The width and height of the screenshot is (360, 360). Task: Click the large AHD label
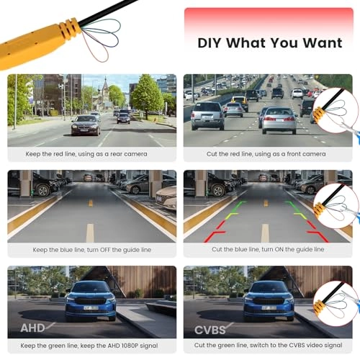(x=32, y=328)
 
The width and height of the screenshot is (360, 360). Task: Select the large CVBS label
(x=210, y=330)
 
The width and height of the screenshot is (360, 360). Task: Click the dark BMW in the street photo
(x=86, y=125)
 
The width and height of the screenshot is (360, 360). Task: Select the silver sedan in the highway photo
(x=279, y=120)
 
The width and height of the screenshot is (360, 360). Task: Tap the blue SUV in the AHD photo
(x=91, y=301)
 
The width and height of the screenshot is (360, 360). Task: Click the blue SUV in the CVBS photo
(x=269, y=301)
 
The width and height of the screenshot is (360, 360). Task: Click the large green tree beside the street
(x=147, y=96)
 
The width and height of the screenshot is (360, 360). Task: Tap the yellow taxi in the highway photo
(x=240, y=103)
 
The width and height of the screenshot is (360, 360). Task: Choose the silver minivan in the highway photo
(x=208, y=116)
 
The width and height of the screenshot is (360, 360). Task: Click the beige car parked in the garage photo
(x=166, y=198)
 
